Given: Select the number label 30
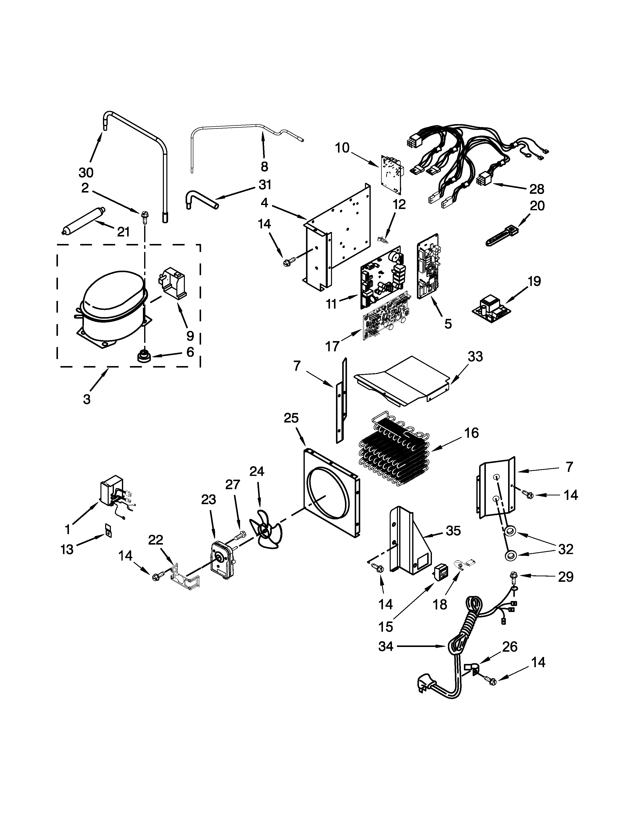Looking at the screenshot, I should click(86, 173).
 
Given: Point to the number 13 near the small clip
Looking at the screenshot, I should click(67, 550).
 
